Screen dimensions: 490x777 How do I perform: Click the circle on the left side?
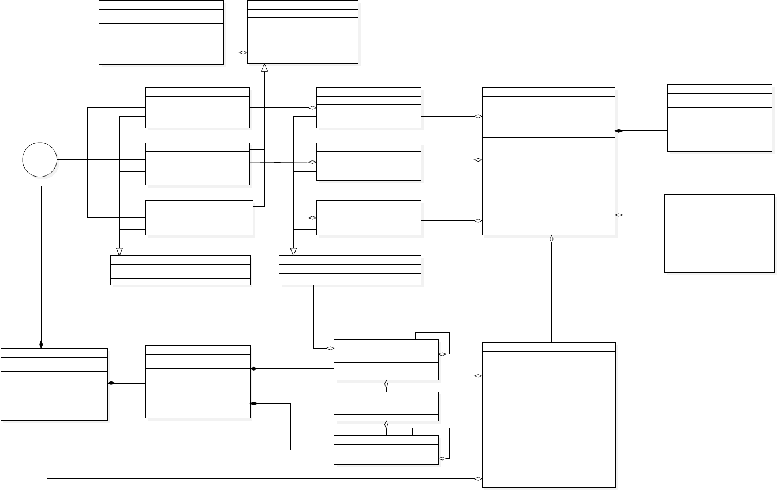tap(40, 160)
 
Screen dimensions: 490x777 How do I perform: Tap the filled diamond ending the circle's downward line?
tap(41, 345)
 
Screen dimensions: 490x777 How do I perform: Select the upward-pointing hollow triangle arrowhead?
tap(264, 68)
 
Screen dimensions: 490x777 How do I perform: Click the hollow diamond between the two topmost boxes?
tap(244, 53)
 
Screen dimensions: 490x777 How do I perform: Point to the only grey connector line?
tap(283, 162)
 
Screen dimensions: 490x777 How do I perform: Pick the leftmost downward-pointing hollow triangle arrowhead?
tap(119, 251)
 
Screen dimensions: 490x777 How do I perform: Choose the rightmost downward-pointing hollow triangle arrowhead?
tap(293, 251)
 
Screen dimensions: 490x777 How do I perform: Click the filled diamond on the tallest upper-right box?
tap(619, 131)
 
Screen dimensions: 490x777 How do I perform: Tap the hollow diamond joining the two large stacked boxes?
tap(552, 238)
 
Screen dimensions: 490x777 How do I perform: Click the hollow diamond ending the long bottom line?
tap(478, 478)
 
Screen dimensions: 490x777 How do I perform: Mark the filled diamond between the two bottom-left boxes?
tap(111, 383)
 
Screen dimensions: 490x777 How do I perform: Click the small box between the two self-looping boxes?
tap(386, 406)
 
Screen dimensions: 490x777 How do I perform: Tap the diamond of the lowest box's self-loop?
tap(442, 458)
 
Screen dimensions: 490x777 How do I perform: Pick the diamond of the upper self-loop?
tap(442, 354)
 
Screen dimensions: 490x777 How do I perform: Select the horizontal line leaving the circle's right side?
tap(101, 160)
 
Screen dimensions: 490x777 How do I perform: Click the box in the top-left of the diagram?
tap(161, 32)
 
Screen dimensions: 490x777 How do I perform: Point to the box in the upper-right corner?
tap(719, 118)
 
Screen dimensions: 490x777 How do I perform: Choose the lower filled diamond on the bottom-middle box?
tap(253, 403)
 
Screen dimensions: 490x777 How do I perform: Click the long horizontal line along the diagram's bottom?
tap(260, 478)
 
